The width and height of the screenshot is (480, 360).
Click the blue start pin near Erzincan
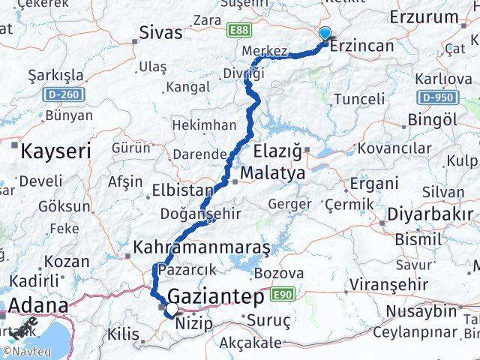tap(325, 34)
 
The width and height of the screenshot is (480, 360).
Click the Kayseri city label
tap(55, 151)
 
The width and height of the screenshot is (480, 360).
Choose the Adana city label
tap(36, 306)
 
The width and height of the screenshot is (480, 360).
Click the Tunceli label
tap(358, 98)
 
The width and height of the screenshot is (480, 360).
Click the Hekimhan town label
tap(204, 125)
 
